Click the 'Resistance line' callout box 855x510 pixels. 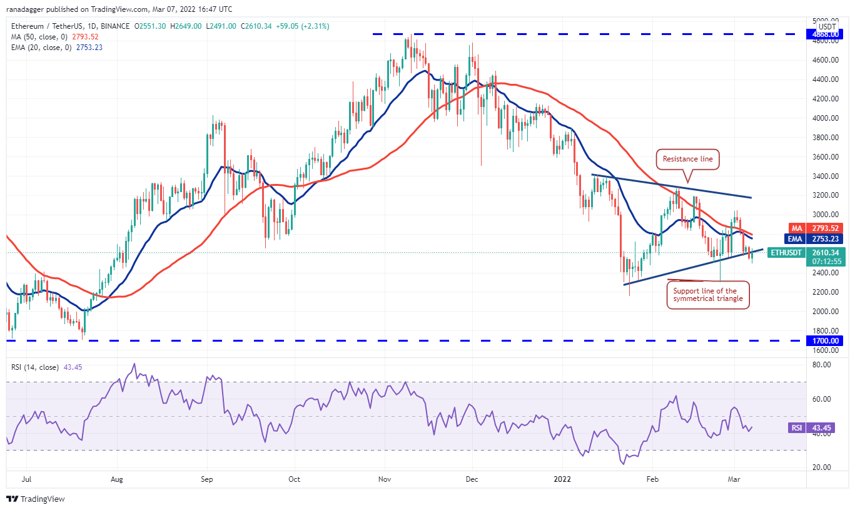[687, 159]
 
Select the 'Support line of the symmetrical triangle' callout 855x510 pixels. [708, 295]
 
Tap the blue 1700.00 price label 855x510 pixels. [827, 341]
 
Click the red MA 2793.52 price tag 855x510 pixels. [826, 228]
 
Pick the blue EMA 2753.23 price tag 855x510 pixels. [826, 238]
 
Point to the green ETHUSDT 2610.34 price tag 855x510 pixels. [826, 252]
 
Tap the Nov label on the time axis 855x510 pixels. [385, 480]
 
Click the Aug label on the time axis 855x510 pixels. [117, 480]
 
